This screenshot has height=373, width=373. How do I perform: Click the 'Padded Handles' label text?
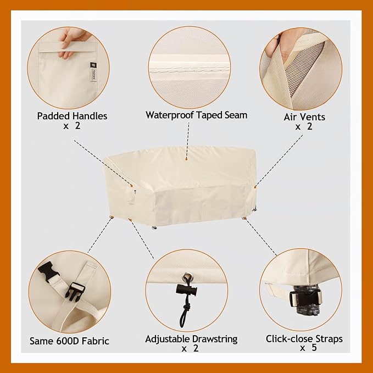point(72,116)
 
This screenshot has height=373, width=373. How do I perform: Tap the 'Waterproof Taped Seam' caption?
point(197,115)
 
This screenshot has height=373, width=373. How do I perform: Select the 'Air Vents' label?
point(304,117)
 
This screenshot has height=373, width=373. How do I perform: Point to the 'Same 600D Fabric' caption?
point(69,341)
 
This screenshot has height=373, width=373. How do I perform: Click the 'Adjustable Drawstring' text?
point(191,339)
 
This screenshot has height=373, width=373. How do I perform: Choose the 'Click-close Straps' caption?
point(304,339)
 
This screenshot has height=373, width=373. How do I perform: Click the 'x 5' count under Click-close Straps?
point(308,348)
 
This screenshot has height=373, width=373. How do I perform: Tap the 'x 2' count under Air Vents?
point(304,126)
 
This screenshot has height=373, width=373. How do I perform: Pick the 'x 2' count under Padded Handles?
point(72,126)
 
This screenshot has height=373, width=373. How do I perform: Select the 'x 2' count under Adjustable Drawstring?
point(190,348)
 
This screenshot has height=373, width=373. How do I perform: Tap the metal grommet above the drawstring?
point(187,277)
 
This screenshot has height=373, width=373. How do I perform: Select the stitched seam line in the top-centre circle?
point(189,70)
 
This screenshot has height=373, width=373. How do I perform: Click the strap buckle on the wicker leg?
point(305,299)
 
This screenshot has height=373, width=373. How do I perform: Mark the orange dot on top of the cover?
point(187,159)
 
